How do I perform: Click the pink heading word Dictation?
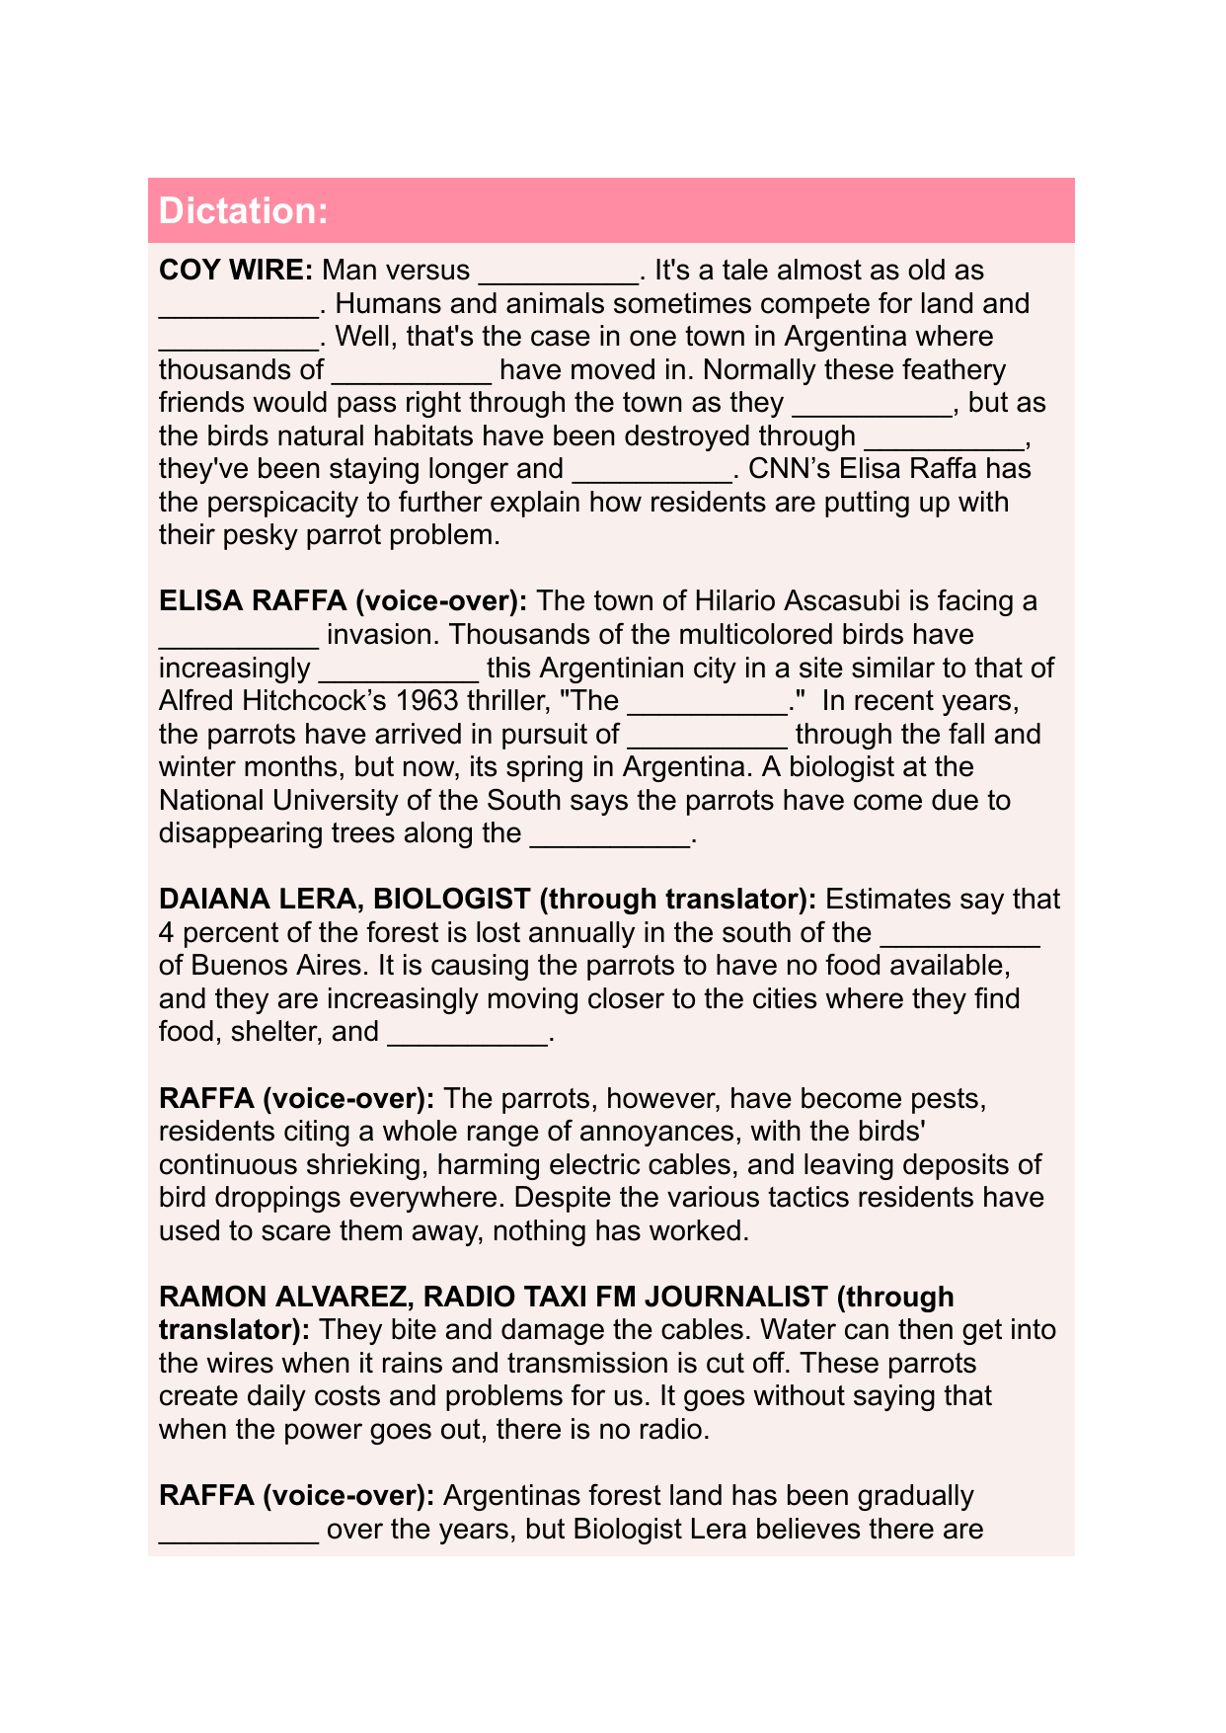click(x=243, y=211)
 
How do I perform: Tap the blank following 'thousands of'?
click(x=412, y=372)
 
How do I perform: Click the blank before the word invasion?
click(x=238, y=637)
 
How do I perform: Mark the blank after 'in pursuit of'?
click(x=707, y=737)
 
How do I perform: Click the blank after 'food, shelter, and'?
click(x=467, y=1034)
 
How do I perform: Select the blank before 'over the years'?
click(x=238, y=1532)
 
